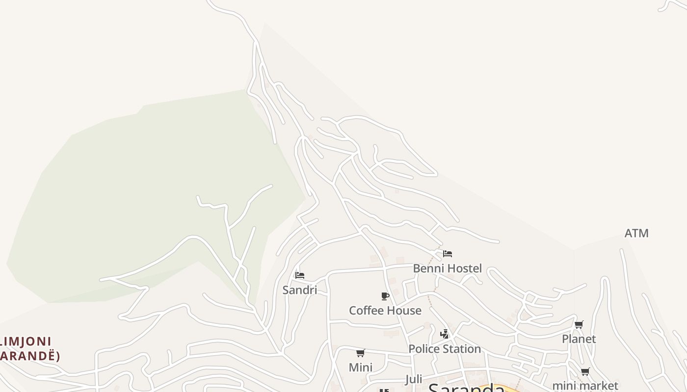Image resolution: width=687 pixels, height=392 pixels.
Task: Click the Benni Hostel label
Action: pyautogui.click(x=447, y=268)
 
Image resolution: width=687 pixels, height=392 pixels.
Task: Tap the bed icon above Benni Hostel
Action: pyautogui.click(x=447, y=254)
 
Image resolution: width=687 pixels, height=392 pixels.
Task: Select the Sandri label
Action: pyautogui.click(x=299, y=290)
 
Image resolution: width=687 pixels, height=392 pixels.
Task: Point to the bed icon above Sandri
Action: pyautogui.click(x=299, y=275)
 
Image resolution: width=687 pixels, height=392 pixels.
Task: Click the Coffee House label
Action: pyautogui.click(x=385, y=310)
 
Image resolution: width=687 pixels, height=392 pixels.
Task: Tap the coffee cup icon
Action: pyautogui.click(x=385, y=296)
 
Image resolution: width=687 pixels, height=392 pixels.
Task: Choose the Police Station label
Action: pyautogui.click(x=445, y=349)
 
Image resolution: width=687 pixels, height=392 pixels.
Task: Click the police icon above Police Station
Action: pyautogui.click(x=445, y=334)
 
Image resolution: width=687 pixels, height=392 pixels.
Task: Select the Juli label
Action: pyautogui.click(x=414, y=379)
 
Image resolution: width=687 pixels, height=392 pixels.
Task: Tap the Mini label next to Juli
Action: pyautogui.click(x=360, y=367)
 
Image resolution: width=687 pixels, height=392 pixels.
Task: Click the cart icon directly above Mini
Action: pyautogui.click(x=360, y=353)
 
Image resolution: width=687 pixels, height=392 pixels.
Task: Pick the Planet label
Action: pyautogui.click(x=579, y=339)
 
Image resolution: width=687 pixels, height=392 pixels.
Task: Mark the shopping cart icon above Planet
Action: pyautogui.click(x=579, y=324)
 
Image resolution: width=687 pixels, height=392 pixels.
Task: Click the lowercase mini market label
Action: pyautogui.click(x=585, y=386)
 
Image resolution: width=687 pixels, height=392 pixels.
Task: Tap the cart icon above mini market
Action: pyautogui.click(x=585, y=371)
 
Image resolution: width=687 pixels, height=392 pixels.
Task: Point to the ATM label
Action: pyautogui.click(x=636, y=233)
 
